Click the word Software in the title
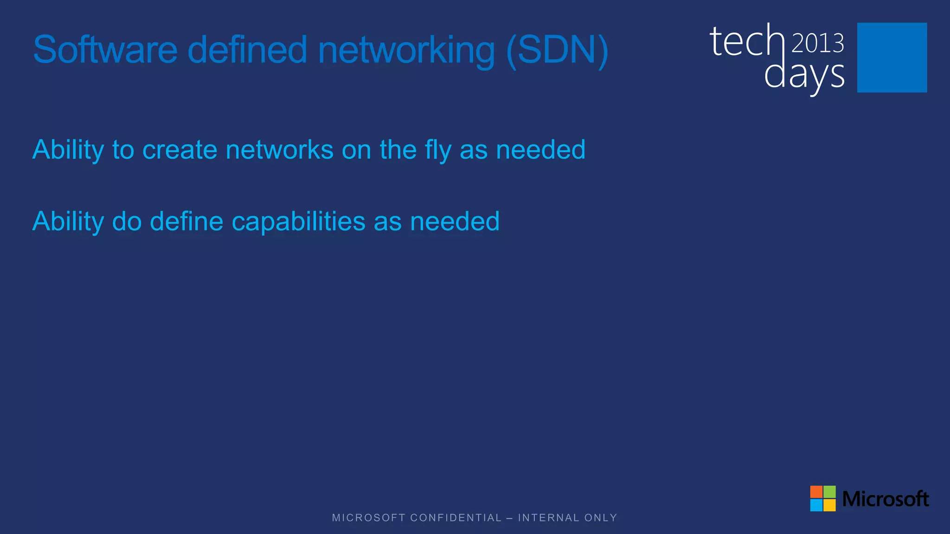pos(105,50)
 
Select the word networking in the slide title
pos(406,51)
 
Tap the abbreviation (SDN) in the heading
pos(557,50)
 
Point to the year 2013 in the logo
pos(817,44)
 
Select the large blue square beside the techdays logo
pos(892,57)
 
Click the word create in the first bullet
pos(180,150)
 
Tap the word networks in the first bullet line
pos(279,150)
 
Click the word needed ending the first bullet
pos(540,150)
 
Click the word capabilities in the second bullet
pos(298,222)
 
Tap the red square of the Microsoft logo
pos(816,492)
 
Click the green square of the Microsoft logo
pos(829,492)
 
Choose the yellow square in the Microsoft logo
pos(829,505)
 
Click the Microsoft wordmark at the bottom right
pos(885,499)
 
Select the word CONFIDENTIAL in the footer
pos(456,518)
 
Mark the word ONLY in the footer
pos(601,518)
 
